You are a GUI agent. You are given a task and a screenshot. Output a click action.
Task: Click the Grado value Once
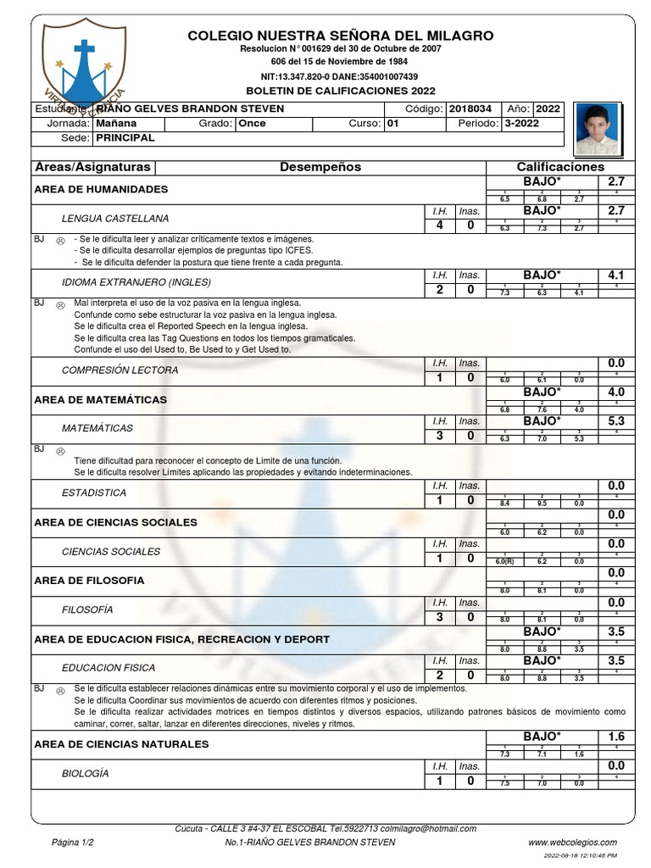pyautogui.click(x=252, y=123)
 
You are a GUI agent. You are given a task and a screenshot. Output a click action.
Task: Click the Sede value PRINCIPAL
pyautogui.click(x=125, y=137)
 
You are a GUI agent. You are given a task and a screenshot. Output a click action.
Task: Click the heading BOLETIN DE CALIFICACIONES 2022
pyautogui.click(x=339, y=90)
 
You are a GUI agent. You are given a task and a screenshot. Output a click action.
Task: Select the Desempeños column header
pyautogui.click(x=320, y=167)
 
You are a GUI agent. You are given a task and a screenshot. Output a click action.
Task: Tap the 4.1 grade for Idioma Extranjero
pyautogui.click(x=615, y=275)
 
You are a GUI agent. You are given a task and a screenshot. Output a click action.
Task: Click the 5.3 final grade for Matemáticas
pyautogui.click(x=615, y=421)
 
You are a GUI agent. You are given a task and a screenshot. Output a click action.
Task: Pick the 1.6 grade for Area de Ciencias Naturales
pyautogui.click(x=615, y=737)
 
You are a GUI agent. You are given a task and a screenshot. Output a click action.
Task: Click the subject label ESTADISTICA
pyautogui.click(x=94, y=492)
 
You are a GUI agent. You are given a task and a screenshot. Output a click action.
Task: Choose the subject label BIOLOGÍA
pyautogui.click(x=86, y=774)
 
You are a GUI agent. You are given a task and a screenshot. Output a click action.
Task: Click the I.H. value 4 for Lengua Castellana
pyautogui.click(x=440, y=225)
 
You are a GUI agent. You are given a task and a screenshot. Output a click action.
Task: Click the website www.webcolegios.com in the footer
pyautogui.click(x=572, y=843)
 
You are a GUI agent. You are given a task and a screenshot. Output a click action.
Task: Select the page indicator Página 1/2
pyautogui.click(x=73, y=843)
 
